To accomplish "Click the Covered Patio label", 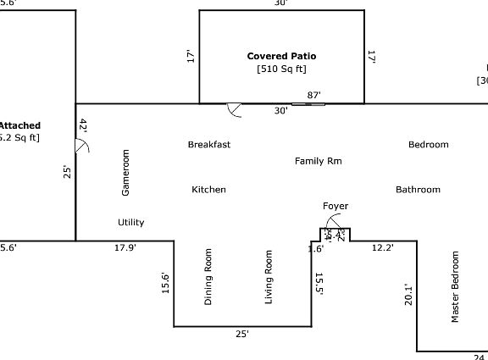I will [281, 56].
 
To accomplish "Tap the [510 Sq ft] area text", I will [281, 69].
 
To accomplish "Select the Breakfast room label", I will [209, 145].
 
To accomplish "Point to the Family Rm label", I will [319, 161].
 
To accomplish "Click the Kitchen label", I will [208, 190].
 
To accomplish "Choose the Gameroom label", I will [126, 173].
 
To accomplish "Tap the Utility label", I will [130, 223].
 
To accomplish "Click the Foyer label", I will [335, 207].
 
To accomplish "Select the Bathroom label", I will [418, 190].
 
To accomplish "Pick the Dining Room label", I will [208, 277].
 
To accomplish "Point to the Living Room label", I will [269, 277].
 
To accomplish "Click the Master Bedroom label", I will [455, 287].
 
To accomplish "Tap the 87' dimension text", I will [313, 96].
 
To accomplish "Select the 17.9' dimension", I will [125, 248].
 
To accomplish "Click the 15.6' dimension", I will [166, 283].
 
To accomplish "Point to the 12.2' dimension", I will [383, 248].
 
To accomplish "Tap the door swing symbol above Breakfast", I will [234, 110].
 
